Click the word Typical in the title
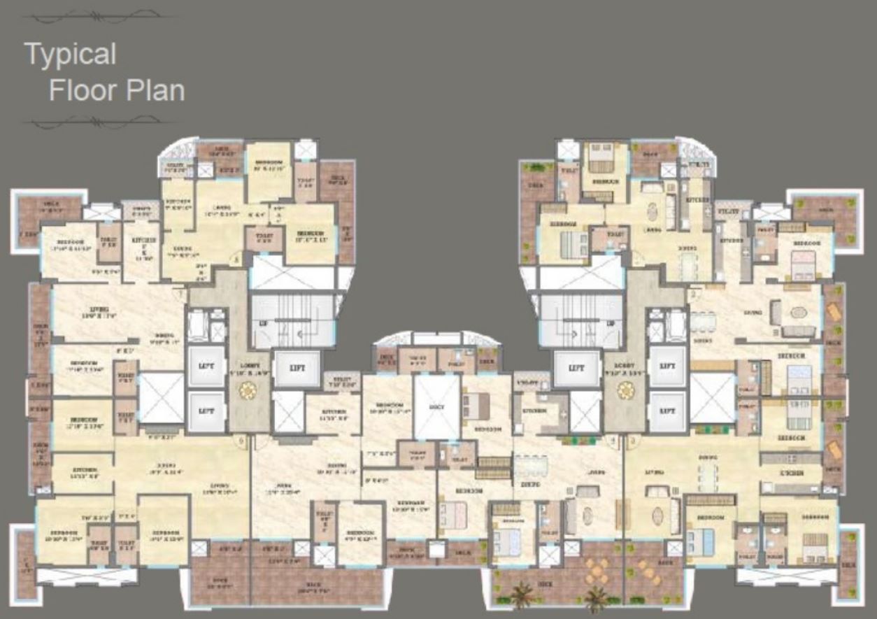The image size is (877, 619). [70, 55]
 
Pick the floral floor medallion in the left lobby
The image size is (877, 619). [248, 390]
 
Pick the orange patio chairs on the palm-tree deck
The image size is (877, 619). [597, 570]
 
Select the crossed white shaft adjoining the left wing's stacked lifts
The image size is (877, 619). [161, 397]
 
